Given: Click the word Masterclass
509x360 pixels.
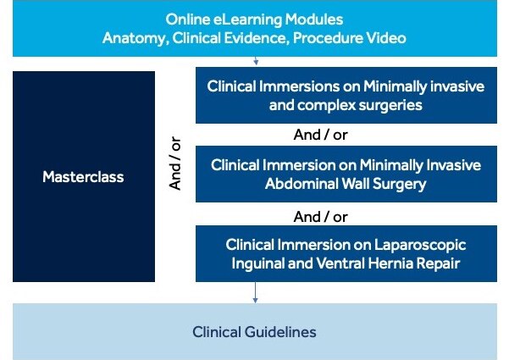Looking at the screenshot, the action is [83, 177].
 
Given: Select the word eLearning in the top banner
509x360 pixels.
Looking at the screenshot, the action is [247, 19].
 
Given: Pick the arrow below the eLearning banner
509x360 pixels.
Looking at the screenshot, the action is [256, 61].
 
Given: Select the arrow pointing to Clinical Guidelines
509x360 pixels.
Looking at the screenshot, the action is [255, 292].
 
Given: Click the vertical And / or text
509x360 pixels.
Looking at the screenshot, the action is [175, 163].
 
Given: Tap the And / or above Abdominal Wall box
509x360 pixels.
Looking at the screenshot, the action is [320, 135].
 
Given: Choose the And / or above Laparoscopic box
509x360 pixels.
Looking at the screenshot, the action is [320, 217].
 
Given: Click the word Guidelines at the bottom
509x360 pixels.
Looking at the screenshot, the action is [280, 332].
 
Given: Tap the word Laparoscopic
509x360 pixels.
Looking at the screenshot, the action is [420, 245].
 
